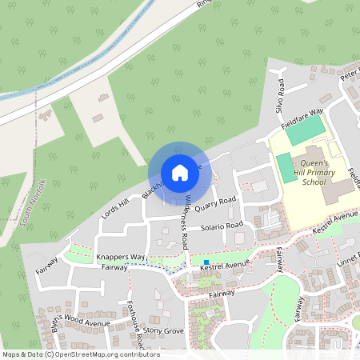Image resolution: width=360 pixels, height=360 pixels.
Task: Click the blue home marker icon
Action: coord(180,173)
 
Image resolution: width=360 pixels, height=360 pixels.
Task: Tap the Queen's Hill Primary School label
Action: coord(303,170)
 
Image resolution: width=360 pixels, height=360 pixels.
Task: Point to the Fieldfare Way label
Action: coord(302,117)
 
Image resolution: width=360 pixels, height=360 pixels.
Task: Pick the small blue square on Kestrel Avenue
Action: coord(206,262)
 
